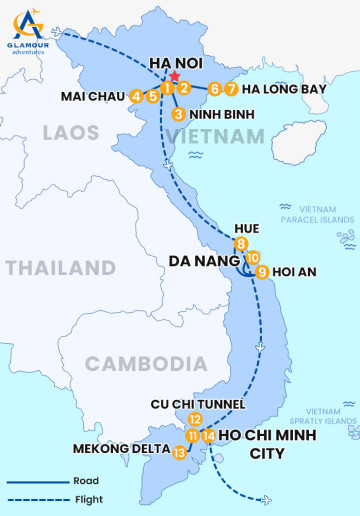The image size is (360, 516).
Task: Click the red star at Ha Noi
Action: click(x=174, y=77)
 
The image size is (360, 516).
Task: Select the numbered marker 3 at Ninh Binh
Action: click(x=178, y=114)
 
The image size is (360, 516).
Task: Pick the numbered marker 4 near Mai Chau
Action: click(x=136, y=96)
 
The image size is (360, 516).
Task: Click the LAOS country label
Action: click(x=70, y=132)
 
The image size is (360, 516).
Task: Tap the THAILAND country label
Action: click(x=60, y=268)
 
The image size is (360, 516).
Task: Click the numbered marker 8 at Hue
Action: click(x=241, y=245)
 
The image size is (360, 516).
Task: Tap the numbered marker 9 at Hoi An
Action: click(x=262, y=271)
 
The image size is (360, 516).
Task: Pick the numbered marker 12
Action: click(x=195, y=420)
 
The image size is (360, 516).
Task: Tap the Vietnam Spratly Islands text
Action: click(x=329, y=416)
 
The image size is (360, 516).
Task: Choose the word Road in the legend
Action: click(x=85, y=481)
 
